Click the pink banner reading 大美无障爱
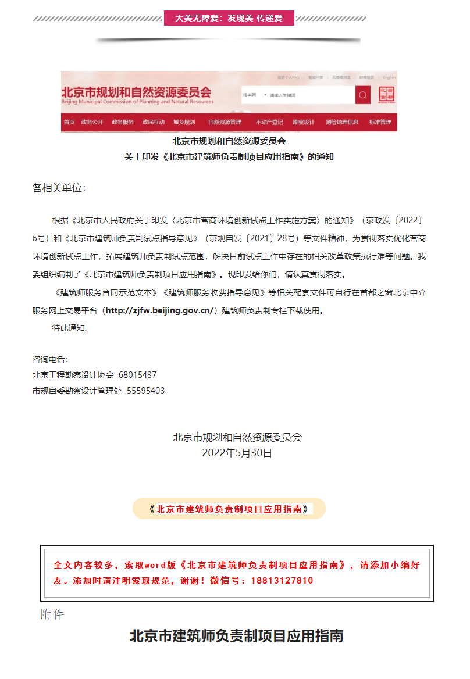pos(229,18)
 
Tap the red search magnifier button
pos(363,95)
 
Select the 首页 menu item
pos(69,122)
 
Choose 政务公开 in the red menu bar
pos(92,122)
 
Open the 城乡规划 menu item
pos(184,122)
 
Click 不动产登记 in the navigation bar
pos(269,122)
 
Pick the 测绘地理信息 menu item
pos(342,122)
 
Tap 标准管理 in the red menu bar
pos(380,122)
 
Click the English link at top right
pos(389,77)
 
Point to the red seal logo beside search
pos(386,95)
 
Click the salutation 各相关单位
pos(59,188)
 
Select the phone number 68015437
pos(137,375)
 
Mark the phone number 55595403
pos(145,391)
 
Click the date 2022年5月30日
pos(237,453)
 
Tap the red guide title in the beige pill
pos(229,509)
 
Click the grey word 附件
pos(52,614)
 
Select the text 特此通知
pos(70,328)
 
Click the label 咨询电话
pos(50,360)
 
